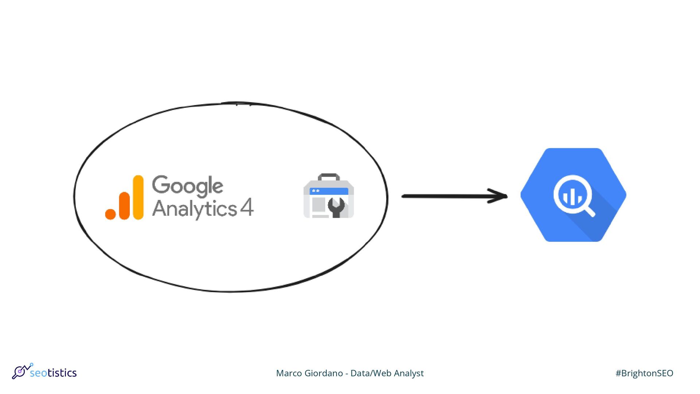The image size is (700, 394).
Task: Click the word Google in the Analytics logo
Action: (x=187, y=186)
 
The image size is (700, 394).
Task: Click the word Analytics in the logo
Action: (x=194, y=209)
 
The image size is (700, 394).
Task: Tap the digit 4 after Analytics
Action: (x=247, y=208)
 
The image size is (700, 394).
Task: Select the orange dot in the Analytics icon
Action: (x=110, y=214)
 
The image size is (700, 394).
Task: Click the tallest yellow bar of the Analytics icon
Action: (x=138, y=197)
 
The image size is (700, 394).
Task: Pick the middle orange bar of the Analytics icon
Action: (x=124, y=206)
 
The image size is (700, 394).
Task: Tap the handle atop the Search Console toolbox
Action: (x=329, y=177)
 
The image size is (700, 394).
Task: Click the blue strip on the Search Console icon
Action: (x=329, y=191)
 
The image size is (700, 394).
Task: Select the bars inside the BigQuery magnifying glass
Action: (x=572, y=197)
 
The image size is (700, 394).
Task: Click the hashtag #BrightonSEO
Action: (x=644, y=373)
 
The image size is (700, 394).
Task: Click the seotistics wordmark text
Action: (x=53, y=373)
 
